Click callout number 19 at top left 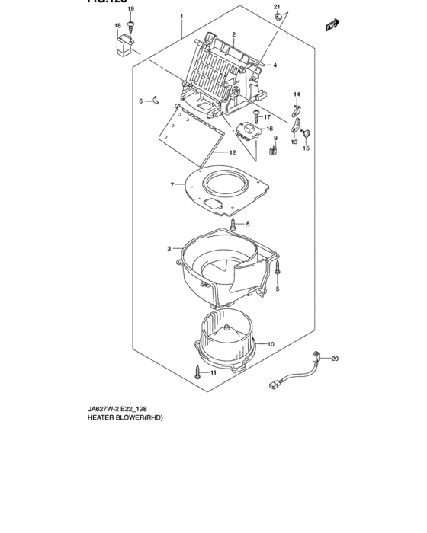click(130, 8)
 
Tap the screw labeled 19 click(131, 25)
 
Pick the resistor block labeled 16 click(249, 131)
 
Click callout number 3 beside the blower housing click(169, 248)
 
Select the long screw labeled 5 click(279, 269)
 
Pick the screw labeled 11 click(198, 372)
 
